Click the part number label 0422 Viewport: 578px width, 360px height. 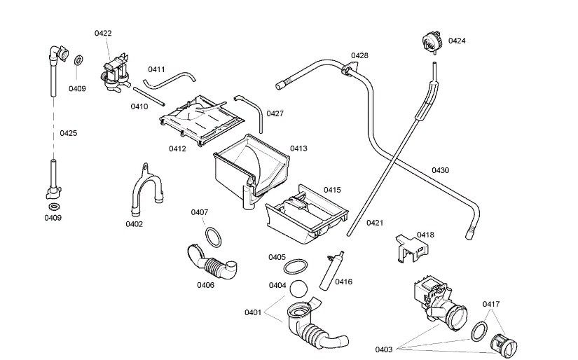coord(103,33)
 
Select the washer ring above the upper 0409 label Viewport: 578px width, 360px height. coord(78,60)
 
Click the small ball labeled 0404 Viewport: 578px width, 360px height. coord(298,289)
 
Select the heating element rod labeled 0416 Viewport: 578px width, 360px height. coord(331,271)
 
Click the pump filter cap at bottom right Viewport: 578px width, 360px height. coord(504,345)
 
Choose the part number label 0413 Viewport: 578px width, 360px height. coord(298,148)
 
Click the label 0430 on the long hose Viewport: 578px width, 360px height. coord(440,170)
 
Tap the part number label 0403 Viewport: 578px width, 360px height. coord(384,349)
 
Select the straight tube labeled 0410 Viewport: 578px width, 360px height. coord(149,96)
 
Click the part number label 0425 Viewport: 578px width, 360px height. coord(69,133)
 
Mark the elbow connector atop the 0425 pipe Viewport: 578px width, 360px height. coord(59,53)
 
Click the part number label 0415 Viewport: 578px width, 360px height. coord(332,190)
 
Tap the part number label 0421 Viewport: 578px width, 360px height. coord(375,223)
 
